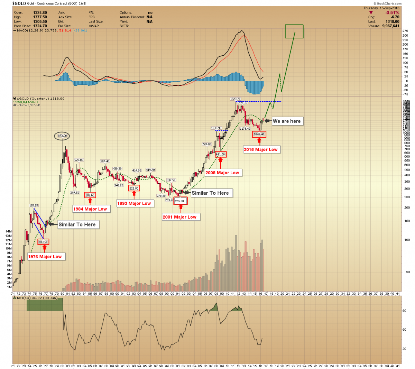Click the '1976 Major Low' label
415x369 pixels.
click(45, 257)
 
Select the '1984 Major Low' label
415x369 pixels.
click(90, 209)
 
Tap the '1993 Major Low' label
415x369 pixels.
click(134, 203)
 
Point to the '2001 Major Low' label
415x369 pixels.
click(179, 217)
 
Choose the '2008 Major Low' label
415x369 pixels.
click(222, 173)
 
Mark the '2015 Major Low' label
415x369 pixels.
click(260, 150)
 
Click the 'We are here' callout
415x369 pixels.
click(287, 121)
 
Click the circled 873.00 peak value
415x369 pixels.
click(62, 136)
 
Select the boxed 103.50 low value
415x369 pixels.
click(43, 242)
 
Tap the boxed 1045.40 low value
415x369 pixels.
click(259, 134)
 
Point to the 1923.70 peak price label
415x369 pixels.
click(236, 99)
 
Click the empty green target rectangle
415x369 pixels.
click(294, 31)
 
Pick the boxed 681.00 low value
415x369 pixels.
click(220, 155)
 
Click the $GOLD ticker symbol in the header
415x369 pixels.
click(19, 4)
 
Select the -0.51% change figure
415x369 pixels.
click(392, 13)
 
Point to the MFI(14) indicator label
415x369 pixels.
click(21, 298)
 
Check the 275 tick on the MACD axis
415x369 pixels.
click(405, 31)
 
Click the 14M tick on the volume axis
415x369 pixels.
click(9, 231)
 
